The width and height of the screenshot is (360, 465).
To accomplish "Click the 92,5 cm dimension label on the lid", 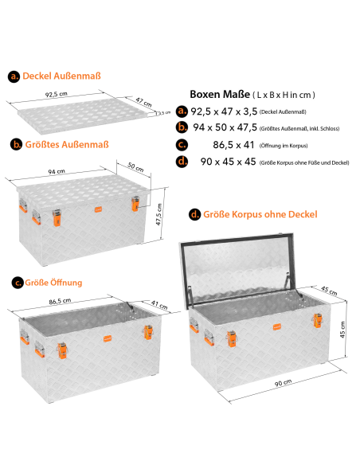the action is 57,94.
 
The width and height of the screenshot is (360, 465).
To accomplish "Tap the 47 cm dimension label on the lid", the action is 144,102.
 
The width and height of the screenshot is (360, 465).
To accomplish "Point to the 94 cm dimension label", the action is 57,172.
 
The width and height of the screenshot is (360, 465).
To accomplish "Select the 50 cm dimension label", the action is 136,167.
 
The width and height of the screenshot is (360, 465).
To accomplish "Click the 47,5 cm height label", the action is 159,214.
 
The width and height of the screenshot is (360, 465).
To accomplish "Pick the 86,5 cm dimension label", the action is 60,301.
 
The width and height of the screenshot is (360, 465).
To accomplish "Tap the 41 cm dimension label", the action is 159,305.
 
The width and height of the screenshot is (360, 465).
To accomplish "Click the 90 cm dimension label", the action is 283,382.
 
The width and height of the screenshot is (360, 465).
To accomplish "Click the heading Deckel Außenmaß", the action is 61,76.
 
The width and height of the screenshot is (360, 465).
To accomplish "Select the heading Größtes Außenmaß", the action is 67,145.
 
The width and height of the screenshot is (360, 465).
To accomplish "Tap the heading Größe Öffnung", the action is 53,283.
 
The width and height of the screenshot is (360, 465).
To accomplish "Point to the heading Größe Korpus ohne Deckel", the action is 260,214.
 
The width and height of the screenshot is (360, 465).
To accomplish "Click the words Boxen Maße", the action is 220,94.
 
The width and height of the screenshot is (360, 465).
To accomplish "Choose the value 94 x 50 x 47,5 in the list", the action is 225,127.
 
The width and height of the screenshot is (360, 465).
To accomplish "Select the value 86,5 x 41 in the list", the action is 233,145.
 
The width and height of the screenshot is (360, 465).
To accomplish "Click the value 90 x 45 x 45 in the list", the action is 228,162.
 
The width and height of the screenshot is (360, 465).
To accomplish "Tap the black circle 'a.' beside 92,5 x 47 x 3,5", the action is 182,111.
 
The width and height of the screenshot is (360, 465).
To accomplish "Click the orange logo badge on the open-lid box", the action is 277,326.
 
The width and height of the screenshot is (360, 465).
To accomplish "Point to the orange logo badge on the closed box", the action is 99,209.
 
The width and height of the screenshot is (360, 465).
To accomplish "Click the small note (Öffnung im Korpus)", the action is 284,146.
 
